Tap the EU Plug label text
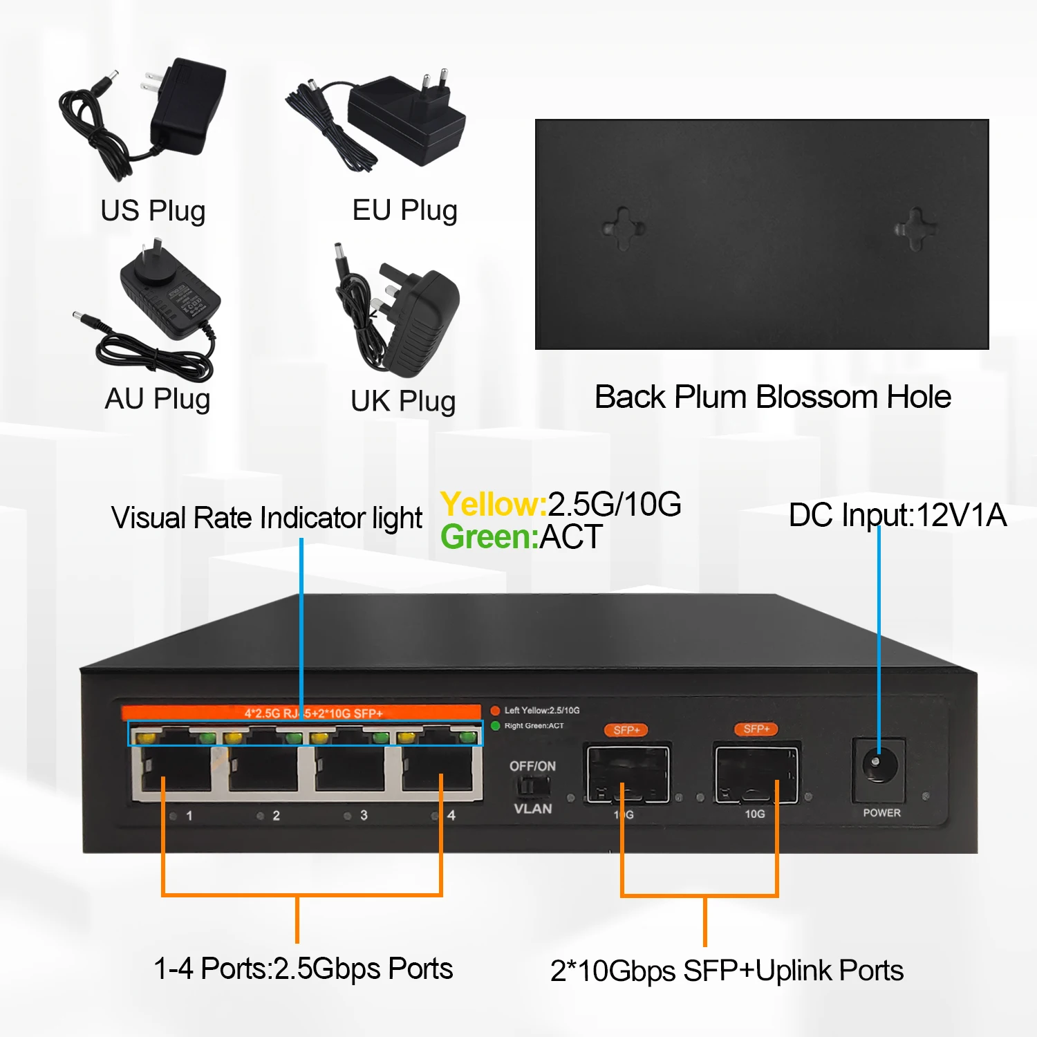coord(404,210)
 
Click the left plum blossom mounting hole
coord(624,227)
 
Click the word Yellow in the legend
coord(493,505)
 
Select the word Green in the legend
coord(489,537)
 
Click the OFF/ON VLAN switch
coord(532,786)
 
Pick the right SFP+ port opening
coord(756,772)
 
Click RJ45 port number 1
coord(176,771)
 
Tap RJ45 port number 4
coord(437,771)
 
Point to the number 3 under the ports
coord(364,816)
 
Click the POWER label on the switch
coord(881,813)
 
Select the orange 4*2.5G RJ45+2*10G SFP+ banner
coord(301,713)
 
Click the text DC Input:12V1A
coord(897,516)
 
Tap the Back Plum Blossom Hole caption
coord(772,398)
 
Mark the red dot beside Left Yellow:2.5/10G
coord(495,711)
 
